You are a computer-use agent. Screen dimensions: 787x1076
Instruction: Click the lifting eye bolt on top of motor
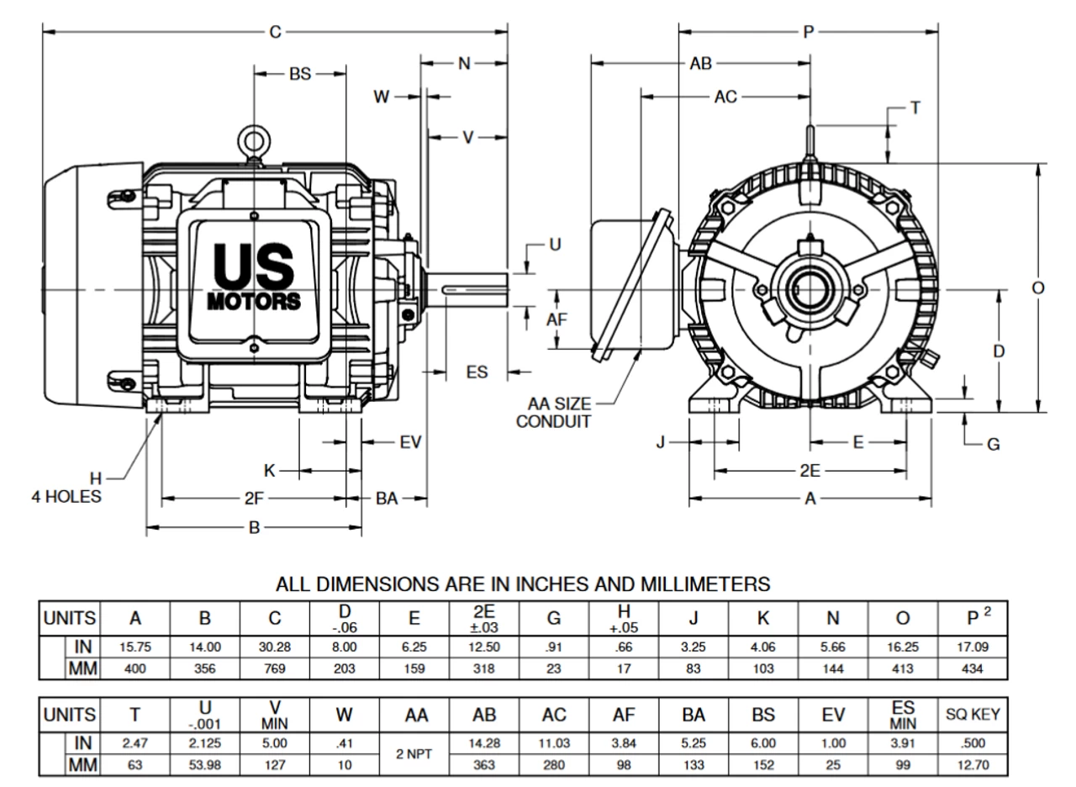tap(253, 140)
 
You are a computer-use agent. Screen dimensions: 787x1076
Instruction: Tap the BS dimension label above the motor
tap(299, 74)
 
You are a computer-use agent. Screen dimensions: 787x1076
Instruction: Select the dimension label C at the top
tap(274, 33)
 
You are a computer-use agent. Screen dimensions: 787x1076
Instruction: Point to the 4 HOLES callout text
tap(66, 497)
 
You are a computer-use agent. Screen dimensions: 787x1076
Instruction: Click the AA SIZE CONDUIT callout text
tap(553, 412)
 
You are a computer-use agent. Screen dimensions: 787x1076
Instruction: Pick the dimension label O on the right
tap(1037, 288)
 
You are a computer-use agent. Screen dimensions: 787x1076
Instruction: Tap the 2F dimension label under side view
tap(254, 499)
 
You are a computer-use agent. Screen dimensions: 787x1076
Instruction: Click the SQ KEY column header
tap(972, 715)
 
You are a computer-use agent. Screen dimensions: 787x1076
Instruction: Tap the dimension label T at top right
tap(916, 108)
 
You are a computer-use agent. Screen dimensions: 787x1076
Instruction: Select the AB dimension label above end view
tap(701, 64)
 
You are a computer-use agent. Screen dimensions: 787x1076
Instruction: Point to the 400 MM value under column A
tap(134, 670)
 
